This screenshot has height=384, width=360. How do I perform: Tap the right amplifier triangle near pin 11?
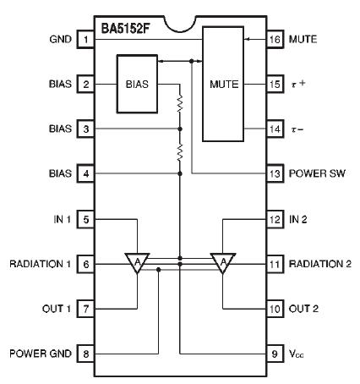click(x=223, y=264)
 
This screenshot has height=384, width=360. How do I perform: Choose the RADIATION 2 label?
click(x=319, y=264)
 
